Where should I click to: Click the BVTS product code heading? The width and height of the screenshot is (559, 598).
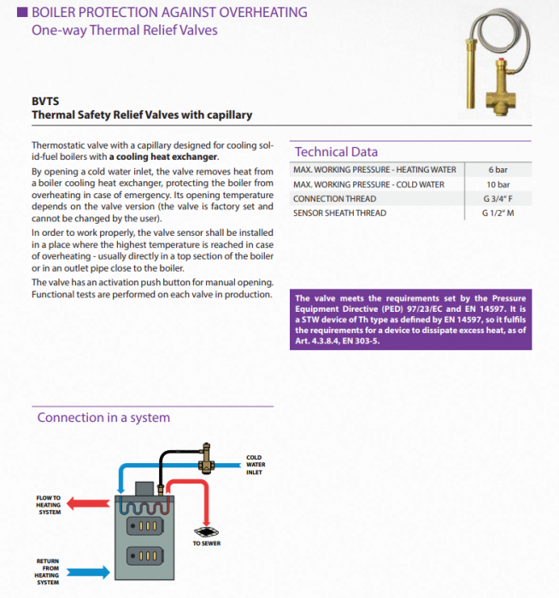[44, 100]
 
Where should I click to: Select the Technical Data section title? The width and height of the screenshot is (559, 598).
[336, 151]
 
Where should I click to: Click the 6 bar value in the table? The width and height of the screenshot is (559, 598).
[497, 169]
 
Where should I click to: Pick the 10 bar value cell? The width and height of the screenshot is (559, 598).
[497, 184]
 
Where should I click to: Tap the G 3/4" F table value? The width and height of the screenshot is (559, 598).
[497, 198]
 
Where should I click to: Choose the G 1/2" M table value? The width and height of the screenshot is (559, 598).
[497, 213]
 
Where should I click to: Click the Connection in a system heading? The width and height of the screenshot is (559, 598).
[103, 418]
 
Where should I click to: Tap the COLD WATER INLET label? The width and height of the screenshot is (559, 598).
[256, 466]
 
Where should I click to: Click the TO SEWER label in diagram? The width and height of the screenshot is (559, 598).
[206, 543]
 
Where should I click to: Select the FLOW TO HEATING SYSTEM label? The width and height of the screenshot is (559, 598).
[49, 505]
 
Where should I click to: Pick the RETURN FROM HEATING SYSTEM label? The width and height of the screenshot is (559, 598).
[48, 572]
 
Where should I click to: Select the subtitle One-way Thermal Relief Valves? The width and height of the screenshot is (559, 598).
[125, 31]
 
